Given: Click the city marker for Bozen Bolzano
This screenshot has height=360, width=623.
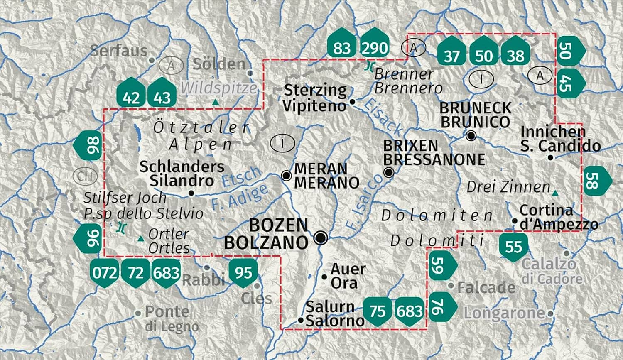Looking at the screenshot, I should (321, 238).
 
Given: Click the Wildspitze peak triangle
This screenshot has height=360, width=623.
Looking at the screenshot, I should (215, 102).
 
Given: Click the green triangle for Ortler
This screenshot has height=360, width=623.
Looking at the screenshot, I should (141, 238).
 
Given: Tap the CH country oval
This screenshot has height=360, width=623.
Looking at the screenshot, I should (85, 176).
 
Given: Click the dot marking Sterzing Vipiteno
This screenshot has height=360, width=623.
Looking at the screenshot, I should (352, 101).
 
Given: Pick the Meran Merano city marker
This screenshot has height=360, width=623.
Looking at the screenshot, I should (286, 175).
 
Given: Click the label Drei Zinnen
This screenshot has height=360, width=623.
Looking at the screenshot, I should (508, 187).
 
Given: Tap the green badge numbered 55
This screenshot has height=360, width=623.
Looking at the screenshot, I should (513, 247).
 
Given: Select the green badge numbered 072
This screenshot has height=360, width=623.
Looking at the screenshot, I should (105, 273).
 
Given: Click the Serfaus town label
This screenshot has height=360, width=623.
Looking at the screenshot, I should (119, 51).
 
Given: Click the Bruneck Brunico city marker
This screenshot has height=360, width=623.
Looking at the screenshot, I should (471, 136).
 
